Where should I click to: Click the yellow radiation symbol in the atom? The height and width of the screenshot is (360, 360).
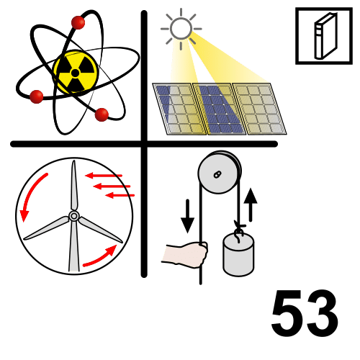point(76,73)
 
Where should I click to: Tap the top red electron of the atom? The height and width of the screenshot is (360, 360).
point(78,22)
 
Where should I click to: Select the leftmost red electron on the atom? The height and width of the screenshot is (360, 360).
point(37,96)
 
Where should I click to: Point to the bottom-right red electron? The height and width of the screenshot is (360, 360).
point(102,114)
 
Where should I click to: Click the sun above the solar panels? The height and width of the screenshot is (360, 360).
point(181,29)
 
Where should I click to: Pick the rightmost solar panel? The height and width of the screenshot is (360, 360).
point(260,109)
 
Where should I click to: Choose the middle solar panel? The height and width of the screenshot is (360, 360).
point(220,109)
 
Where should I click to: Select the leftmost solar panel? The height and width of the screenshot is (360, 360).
point(179,109)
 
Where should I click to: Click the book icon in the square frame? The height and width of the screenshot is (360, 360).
point(326,36)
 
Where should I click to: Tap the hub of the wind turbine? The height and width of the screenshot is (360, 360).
point(74,216)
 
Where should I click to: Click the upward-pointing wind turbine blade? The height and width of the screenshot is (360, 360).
point(74,186)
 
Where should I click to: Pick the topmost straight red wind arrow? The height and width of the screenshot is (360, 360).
point(104,176)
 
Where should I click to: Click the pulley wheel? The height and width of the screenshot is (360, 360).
point(220,172)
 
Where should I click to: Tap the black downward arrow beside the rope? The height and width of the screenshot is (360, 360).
point(187,216)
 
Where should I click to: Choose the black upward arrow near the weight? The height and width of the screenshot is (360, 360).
point(251,204)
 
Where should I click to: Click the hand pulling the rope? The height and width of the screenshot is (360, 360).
point(184,254)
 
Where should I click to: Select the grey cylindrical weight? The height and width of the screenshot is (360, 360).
point(238,255)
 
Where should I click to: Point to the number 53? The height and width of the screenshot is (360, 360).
point(305,312)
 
